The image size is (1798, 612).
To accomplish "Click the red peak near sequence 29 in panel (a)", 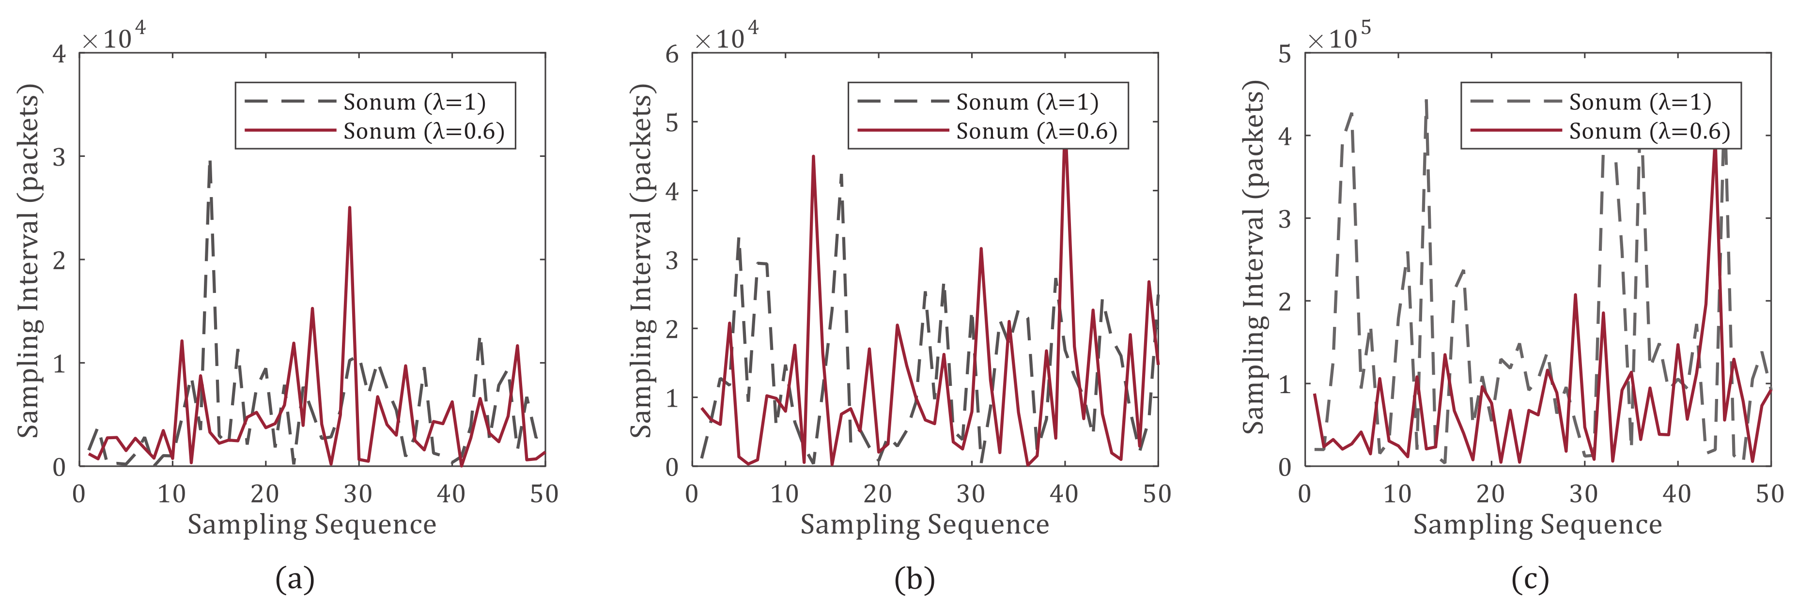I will click(x=349, y=208).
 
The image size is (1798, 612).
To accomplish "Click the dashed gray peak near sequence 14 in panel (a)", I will click(x=209, y=162).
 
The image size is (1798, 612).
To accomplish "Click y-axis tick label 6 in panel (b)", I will click(x=672, y=54).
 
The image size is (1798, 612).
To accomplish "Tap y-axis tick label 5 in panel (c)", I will click(x=1285, y=54).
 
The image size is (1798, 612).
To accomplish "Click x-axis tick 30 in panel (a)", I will click(x=358, y=494).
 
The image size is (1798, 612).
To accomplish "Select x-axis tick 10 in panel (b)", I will click(x=785, y=494).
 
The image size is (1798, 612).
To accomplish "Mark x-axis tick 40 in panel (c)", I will click(x=1676, y=494).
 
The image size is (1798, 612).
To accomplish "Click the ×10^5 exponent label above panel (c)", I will click(x=1339, y=36).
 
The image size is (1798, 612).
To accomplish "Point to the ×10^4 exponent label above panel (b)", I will click(x=726, y=36).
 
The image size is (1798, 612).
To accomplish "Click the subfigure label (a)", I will click(x=295, y=579).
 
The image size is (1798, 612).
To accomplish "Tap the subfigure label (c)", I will click(x=1530, y=579).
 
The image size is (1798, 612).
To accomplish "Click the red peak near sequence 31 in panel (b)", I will click(x=981, y=249).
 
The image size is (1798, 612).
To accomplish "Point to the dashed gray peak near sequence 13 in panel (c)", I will click(x=1426, y=101).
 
